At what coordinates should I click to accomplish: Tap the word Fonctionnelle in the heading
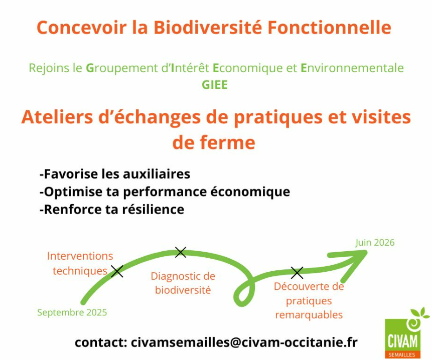point(330,27)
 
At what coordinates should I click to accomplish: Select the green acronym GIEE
point(215,85)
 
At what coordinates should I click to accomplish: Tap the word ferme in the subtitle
point(228,142)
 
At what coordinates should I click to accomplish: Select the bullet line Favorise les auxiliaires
point(115,174)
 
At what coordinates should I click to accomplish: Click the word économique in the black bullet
point(250,192)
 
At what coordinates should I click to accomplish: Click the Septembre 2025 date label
point(72,313)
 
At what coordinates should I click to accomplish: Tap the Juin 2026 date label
point(375,243)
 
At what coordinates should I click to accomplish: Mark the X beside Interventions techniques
point(117,271)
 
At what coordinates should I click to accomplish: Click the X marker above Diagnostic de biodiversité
point(181,252)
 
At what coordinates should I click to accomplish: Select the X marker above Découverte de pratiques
point(297,273)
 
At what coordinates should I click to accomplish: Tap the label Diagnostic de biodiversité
point(183,283)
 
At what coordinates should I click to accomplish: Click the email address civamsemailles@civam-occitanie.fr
point(244,342)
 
